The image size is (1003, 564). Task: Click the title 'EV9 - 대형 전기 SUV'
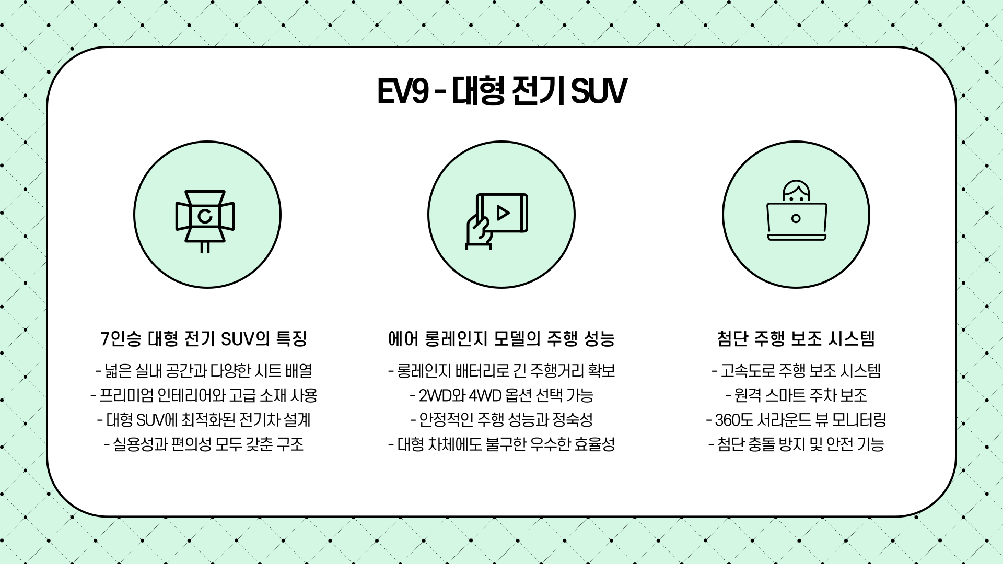(x=501, y=92)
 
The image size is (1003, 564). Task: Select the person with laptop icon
(x=797, y=210)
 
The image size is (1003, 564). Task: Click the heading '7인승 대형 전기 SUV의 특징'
(x=204, y=339)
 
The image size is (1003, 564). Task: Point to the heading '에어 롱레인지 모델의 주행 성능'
(x=501, y=339)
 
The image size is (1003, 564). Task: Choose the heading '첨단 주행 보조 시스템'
(x=796, y=339)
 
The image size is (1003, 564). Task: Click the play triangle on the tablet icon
(x=503, y=213)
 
